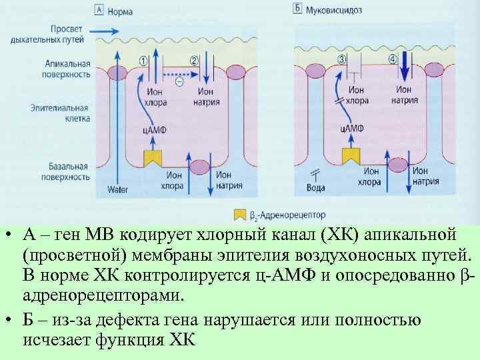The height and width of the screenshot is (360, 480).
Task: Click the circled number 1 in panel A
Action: point(143,60)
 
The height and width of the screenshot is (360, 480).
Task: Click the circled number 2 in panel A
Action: point(194,60)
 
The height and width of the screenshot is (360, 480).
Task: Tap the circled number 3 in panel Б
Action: point(342,59)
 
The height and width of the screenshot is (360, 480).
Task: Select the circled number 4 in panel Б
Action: point(393,59)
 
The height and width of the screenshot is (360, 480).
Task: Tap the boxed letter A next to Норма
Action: point(99,11)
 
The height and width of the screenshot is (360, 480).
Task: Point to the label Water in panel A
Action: point(117,189)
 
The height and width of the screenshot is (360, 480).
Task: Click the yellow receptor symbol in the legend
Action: point(239,215)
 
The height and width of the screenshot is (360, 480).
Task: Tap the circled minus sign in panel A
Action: point(179,81)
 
